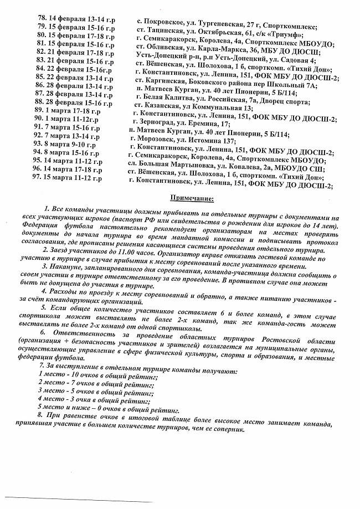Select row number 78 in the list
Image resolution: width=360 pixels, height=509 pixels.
(x=42, y=18)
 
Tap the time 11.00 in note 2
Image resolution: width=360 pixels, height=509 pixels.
(x=126, y=250)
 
